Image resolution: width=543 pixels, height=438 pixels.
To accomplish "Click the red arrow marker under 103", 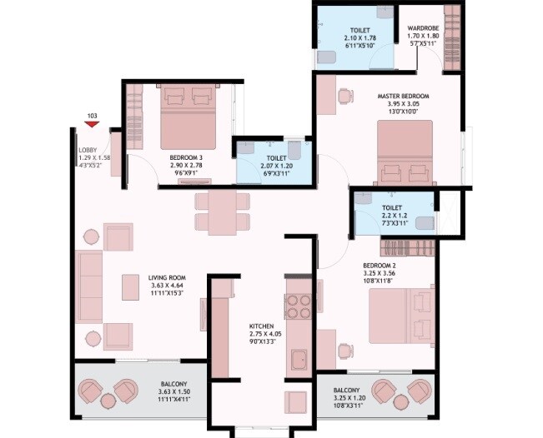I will click(92, 124).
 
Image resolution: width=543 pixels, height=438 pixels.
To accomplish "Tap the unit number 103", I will click(92, 116).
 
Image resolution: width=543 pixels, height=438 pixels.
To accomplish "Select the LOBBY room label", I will click(88, 149).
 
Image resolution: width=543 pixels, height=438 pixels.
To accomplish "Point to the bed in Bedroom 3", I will click(188, 117).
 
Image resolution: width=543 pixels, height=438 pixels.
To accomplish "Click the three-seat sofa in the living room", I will click(88, 286).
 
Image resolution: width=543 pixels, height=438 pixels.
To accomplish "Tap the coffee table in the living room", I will click(130, 286).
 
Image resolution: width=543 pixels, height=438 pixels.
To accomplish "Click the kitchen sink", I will click(299, 360).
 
